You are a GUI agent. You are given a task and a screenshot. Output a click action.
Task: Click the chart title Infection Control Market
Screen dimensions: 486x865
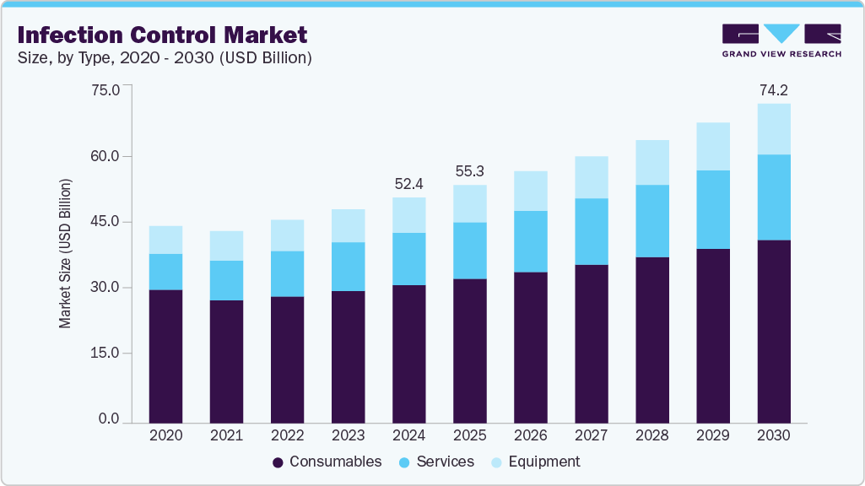pyautogui.click(x=162, y=35)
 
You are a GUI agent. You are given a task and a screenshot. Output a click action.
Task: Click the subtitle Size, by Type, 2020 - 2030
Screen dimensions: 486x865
pyautogui.click(x=165, y=58)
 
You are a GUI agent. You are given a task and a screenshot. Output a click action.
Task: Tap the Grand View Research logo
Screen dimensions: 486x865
pyautogui.click(x=781, y=40)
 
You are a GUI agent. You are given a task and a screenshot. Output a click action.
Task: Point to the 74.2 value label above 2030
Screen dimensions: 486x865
pyautogui.click(x=773, y=90)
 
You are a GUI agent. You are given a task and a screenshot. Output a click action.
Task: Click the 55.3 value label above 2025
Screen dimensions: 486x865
pyautogui.click(x=469, y=171)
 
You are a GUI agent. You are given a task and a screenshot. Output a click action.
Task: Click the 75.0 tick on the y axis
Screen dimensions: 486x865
pyautogui.click(x=105, y=90)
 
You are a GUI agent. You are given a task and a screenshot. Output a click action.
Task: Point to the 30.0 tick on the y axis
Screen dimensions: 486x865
pyautogui.click(x=105, y=288)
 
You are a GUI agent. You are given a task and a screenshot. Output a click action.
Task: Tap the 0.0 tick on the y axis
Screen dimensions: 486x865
pyautogui.click(x=109, y=419)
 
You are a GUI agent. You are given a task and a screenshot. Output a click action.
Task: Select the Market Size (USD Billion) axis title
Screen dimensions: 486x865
pyautogui.click(x=65, y=253)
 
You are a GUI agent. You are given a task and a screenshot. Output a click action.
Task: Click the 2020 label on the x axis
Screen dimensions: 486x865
pyautogui.click(x=165, y=436)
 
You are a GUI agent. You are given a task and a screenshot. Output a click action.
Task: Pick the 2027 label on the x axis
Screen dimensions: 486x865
pyautogui.click(x=591, y=436)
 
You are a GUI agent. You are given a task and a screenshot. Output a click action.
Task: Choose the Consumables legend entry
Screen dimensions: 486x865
pyautogui.click(x=327, y=462)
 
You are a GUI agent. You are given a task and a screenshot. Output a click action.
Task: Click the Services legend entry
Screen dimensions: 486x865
pyautogui.click(x=436, y=462)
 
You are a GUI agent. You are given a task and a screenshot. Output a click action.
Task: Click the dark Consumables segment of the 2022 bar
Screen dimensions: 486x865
pyautogui.click(x=287, y=359)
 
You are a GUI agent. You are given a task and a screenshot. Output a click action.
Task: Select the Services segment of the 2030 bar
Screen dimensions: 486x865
pyautogui.click(x=773, y=197)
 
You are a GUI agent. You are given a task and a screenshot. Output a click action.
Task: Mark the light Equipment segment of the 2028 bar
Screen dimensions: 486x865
pyautogui.click(x=651, y=162)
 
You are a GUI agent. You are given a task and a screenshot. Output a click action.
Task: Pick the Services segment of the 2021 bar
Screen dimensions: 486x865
pyautogui.click(x=226, y=280)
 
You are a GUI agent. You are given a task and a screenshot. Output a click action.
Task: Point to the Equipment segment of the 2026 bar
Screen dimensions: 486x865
pyautogui.click(x=530, y=191)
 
